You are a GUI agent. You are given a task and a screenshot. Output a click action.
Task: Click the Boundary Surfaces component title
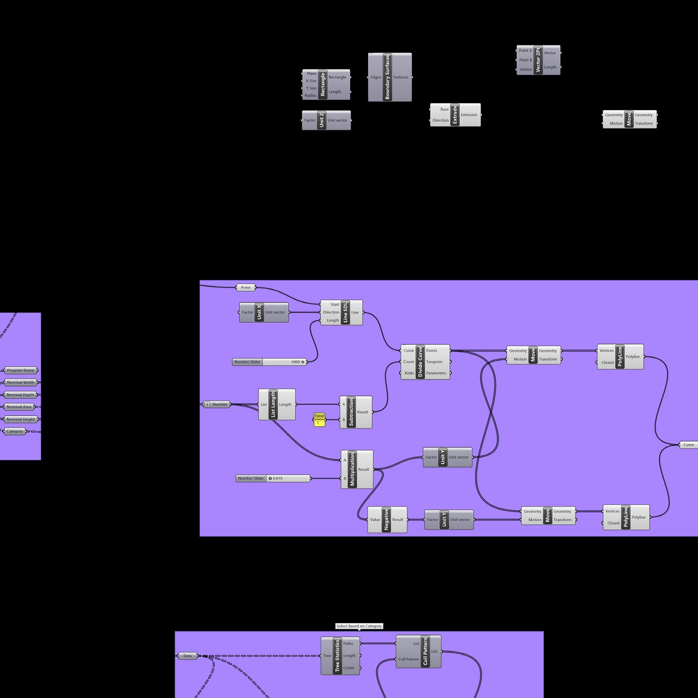point(387,77)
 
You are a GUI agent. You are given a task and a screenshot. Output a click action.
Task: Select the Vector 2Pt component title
point(538,60)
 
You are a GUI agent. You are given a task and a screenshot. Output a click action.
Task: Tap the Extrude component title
point(454,115)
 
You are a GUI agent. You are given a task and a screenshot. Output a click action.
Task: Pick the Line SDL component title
point(345,312)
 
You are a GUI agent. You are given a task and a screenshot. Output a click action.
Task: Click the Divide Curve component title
point(420,362)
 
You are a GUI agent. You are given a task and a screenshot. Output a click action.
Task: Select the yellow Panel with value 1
point(319,420)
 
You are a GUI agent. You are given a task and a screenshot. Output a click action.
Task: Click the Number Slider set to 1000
point(269,362)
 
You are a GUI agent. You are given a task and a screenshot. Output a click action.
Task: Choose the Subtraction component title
point(351,412)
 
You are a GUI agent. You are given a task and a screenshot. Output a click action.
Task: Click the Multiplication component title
point(352,470)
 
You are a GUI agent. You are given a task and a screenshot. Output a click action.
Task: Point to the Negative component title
point(386,519)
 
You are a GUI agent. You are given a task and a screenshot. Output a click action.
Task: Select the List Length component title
point(273,405)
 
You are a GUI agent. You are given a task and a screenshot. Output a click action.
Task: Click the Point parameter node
point(245,287)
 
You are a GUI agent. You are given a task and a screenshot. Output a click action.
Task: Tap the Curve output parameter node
point(688,445)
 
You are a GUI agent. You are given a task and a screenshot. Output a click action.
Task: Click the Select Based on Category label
point(359,626)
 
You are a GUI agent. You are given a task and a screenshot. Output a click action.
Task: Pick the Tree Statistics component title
point(337,656)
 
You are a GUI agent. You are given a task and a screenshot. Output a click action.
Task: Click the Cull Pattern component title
point(425,651)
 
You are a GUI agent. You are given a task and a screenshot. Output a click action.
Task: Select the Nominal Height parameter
point(21,419)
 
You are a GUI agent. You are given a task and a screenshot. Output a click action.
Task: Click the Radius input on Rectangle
point(310,95)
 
